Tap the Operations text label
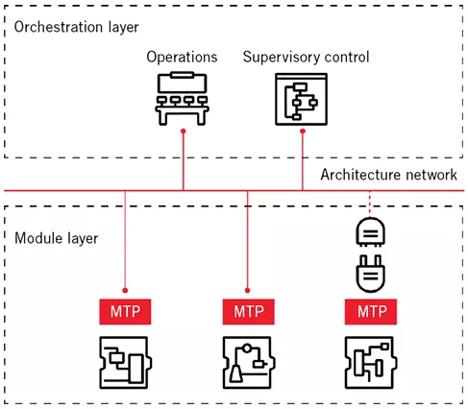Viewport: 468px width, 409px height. coord(183,58)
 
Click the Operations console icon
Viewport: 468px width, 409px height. coord(183,99)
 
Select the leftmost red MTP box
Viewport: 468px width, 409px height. coord(125,311)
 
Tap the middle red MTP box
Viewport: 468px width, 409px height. coord(247,311)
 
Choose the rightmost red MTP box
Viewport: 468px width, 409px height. coord(370,311)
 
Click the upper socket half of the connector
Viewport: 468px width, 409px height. coord(370,231)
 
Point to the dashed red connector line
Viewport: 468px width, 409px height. coord(370,203)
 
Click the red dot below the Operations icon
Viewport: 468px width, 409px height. coord(183,133)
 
